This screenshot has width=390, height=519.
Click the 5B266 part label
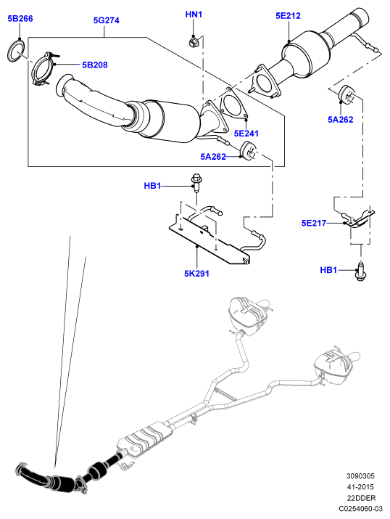(x=20, y=19)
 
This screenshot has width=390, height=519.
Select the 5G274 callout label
(x=106, y=20)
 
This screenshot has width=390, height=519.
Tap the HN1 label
(x=194, y=15)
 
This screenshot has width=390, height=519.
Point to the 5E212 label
(x=288, y=16)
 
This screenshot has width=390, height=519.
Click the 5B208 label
(x=95, y=65)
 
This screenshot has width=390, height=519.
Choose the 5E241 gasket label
(x=246, y=134)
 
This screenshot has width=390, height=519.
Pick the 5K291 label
(x=196, y=274)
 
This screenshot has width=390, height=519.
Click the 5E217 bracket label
(x=314, y=223)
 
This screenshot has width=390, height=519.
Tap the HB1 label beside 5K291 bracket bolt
(x=152, y=186)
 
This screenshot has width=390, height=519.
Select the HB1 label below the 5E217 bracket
(x=328, y=270)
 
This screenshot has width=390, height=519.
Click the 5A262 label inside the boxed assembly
(x=213, y=157)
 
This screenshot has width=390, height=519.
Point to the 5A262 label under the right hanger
(x=341, y=120)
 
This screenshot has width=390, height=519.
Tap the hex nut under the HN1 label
(x=193, y=41)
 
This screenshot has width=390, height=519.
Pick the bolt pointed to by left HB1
(x=196, y=182)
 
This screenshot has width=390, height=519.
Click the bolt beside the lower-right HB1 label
(x=361, y=271)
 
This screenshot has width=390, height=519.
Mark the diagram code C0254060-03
(x=360, y=509)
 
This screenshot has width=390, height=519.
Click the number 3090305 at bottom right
(x=360, y=476)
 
